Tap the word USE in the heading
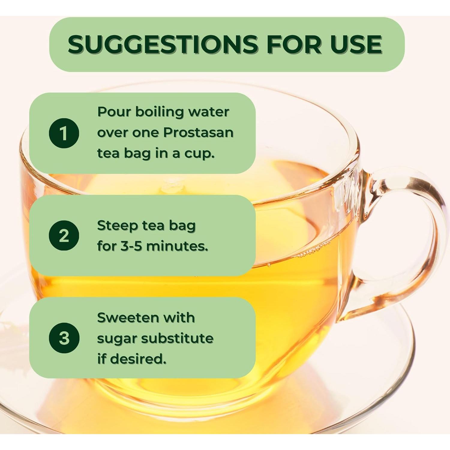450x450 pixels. coord(356,44)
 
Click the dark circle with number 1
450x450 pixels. coord(64,133)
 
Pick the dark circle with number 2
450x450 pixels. coord(64,235)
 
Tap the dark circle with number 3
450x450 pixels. coord(64,338)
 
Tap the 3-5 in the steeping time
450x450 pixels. coord(131,246)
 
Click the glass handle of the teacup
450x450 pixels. coord(420,240)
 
